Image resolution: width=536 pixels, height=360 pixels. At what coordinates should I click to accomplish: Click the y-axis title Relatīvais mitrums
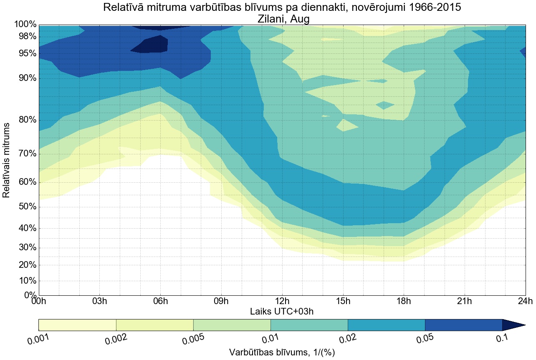coord(7,161)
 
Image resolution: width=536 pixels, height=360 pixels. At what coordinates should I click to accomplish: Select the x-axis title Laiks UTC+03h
coord(282,311)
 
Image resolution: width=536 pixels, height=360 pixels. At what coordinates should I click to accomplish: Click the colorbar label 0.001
coord(38,340)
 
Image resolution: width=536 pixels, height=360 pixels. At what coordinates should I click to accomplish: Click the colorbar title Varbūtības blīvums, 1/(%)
coord(282,352)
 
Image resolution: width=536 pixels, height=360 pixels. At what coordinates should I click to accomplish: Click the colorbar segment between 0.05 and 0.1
coord(463,325)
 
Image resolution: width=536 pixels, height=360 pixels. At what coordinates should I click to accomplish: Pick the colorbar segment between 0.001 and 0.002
coord(77,325)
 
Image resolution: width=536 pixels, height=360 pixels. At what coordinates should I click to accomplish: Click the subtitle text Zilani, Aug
coord(282,19)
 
